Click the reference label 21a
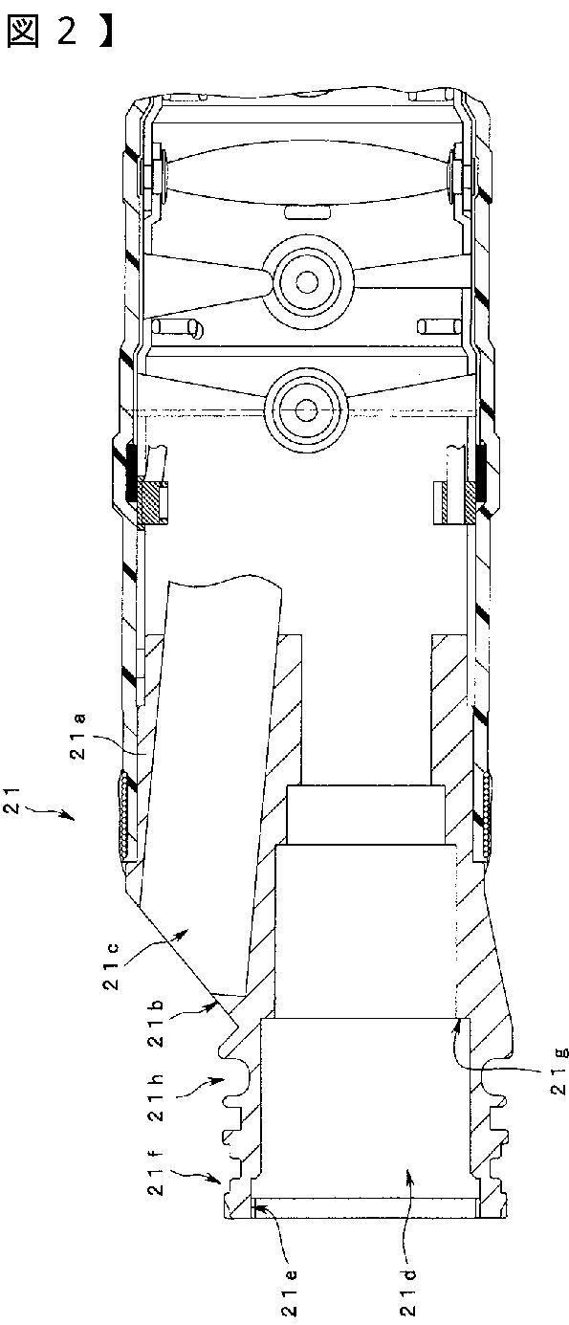78,737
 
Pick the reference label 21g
559,1071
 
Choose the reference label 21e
289,1292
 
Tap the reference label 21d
409,1292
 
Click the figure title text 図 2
41,32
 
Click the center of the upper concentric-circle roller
306,281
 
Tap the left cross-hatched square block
149,503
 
